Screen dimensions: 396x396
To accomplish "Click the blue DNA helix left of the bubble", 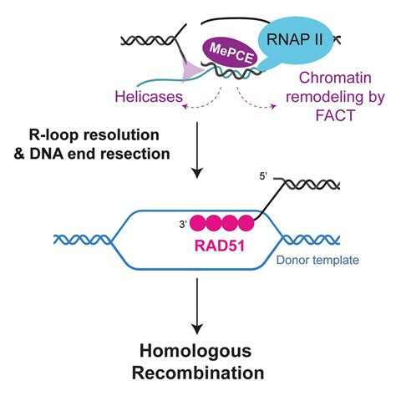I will [80, 239].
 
